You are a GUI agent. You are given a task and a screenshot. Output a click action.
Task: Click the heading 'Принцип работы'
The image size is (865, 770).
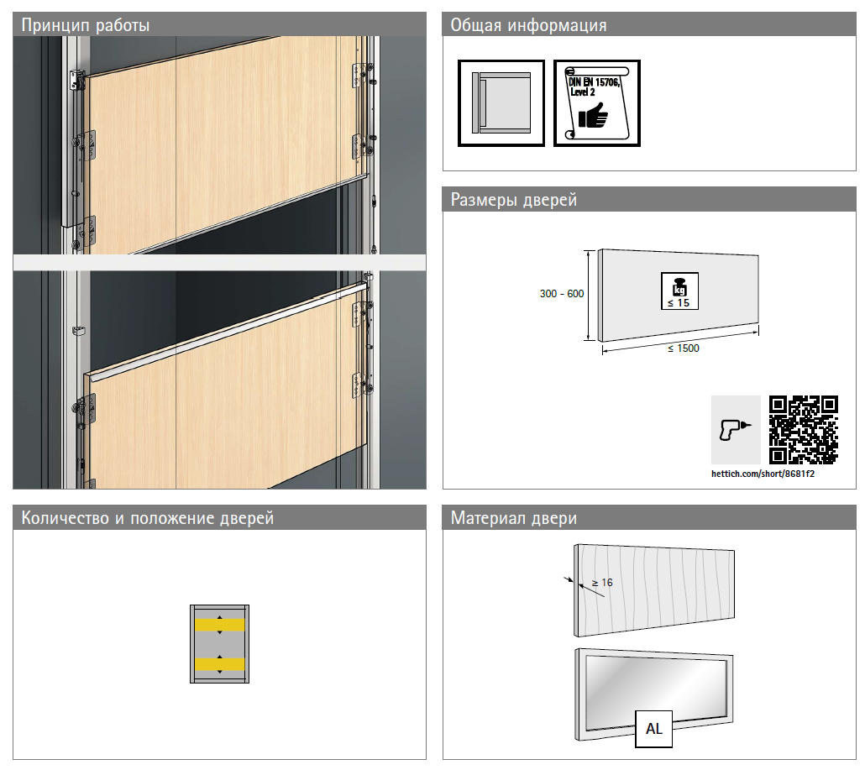pos(86,25)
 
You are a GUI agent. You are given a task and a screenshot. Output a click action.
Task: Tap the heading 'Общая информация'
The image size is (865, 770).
pos(528,25)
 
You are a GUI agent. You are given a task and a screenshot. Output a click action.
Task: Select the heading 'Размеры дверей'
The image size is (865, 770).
pos(514,200)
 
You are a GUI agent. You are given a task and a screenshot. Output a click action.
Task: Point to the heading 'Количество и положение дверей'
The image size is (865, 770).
pos(147,518)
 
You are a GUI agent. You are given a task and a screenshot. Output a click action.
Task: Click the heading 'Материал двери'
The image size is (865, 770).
pos(514,518)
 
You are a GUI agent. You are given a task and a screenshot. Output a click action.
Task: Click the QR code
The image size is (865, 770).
pos(804,430)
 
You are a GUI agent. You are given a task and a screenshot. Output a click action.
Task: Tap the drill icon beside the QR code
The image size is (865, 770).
pos(736,430)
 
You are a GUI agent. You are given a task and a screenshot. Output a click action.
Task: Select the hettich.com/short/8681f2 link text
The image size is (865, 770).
pos(763,474)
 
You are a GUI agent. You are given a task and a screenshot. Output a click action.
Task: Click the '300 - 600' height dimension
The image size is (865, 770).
pos(562,294)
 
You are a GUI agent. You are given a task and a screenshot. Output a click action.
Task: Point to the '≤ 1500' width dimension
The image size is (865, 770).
pos(684,348)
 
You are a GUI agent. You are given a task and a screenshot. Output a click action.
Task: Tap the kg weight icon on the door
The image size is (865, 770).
pos(679,291)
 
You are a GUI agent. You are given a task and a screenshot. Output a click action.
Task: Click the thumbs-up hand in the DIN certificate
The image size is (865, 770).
pos(593,115)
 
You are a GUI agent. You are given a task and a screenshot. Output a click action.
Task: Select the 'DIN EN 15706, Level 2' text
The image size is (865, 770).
pos(594,86)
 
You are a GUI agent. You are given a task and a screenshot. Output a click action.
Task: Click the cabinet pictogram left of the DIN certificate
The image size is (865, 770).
pos(501,103)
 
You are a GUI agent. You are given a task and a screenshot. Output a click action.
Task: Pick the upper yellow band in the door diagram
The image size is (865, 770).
pos(219,625)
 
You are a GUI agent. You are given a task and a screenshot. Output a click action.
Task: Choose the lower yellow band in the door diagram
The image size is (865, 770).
pos(219,664)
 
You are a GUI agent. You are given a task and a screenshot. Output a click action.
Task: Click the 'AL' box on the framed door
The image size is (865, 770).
pos(653,729)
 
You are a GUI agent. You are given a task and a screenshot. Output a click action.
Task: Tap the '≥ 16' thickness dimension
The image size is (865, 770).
pos(602,583)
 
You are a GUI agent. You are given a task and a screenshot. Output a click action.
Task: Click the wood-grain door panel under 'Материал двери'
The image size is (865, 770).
pos(654,589)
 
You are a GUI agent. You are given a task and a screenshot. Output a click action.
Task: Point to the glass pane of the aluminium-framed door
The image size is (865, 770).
pos(655,689)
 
